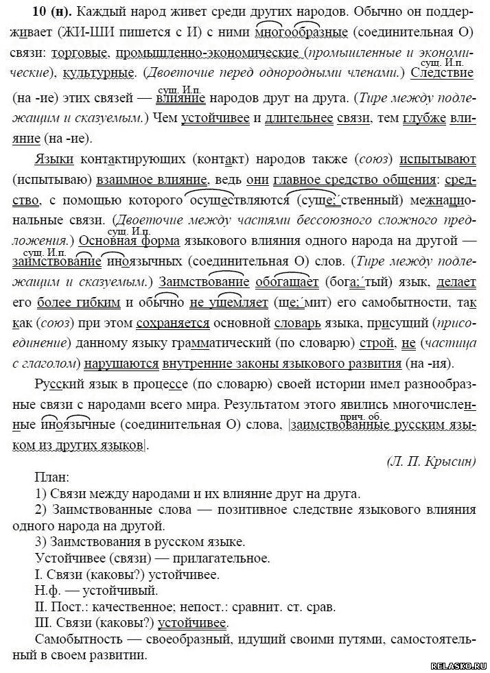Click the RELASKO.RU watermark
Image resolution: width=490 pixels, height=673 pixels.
[458, 665]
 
